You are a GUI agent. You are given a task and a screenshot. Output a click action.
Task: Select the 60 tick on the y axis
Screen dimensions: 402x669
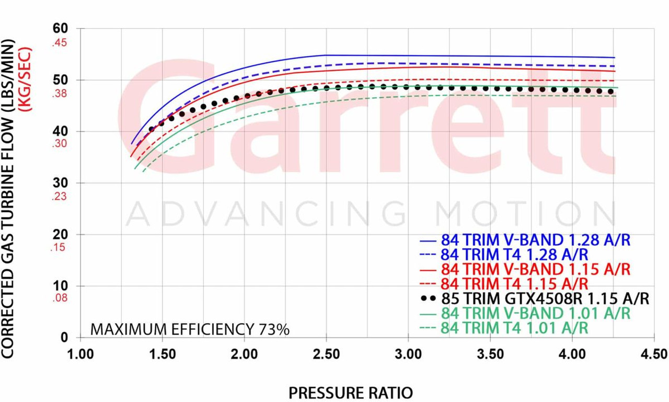point(62,29)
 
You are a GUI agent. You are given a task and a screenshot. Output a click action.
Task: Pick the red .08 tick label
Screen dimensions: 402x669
point(60,299)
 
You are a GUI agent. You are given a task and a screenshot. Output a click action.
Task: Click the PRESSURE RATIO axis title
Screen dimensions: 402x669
point(350,392)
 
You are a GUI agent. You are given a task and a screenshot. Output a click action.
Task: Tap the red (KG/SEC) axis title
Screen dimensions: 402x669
point(25,79)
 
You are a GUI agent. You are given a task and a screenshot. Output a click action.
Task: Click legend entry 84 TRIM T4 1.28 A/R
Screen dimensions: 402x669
point(515,255)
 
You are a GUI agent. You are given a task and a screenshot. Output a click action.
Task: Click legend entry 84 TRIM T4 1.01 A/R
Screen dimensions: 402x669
point(515,328)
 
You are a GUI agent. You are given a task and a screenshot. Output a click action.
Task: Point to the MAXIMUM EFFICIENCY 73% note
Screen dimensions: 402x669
point(190,329)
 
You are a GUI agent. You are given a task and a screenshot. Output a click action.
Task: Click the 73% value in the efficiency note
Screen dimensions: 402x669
point(274,329)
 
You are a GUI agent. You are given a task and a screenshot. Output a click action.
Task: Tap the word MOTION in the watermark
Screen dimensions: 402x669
point(526,214)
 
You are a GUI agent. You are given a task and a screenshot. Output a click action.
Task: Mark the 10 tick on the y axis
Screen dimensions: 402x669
point(62,286)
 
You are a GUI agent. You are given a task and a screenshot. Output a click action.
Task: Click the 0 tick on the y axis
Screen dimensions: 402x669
point(65,337)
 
